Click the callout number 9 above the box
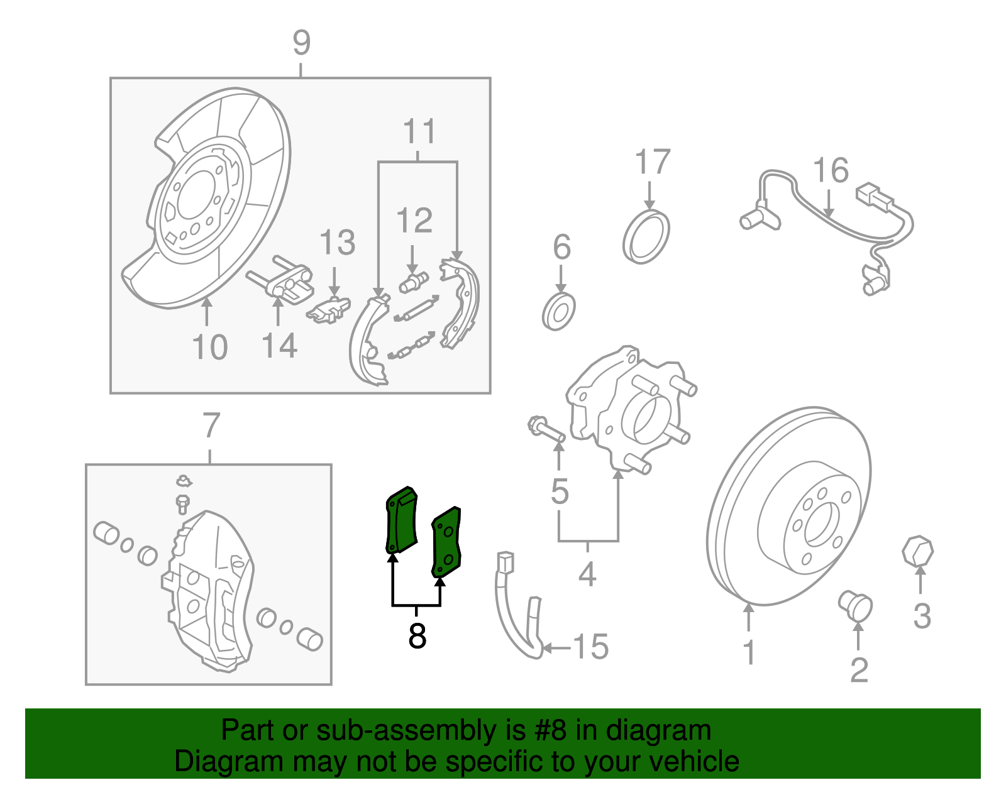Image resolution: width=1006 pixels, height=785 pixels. (x=302, y=43)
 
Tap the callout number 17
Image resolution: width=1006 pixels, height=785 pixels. (x=653, y=163)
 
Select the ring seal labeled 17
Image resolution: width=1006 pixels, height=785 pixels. (x=646, y=237)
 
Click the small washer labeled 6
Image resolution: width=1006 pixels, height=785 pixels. (x=558, y=312)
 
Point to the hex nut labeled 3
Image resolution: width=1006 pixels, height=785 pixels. (x=917, y=551)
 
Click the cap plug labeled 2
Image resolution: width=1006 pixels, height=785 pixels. (x=856, y=605)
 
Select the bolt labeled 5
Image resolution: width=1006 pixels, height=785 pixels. (x=545, y=430)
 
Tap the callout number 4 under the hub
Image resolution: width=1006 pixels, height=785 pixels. (x=587, y=574)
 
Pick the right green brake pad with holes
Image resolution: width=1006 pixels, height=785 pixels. (x=446, y=542)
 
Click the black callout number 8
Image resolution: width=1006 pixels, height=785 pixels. (x=417, y=636)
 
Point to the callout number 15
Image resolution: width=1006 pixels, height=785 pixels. (x=591, y=647)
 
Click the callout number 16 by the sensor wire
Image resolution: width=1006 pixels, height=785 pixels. (x=831, y=171)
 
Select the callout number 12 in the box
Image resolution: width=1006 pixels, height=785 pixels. (x=414, y=221)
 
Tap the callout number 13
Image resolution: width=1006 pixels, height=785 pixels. (x=338, y=243)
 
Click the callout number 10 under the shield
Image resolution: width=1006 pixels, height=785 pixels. (x=209, y=348)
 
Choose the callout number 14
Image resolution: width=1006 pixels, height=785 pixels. (x=279, y=346)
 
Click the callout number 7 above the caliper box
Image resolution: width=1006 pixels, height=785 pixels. (x=211, y=425)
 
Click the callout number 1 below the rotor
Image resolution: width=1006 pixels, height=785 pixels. (x=748, y=652)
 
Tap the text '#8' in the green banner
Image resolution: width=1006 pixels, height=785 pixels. (x=551, y=730)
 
